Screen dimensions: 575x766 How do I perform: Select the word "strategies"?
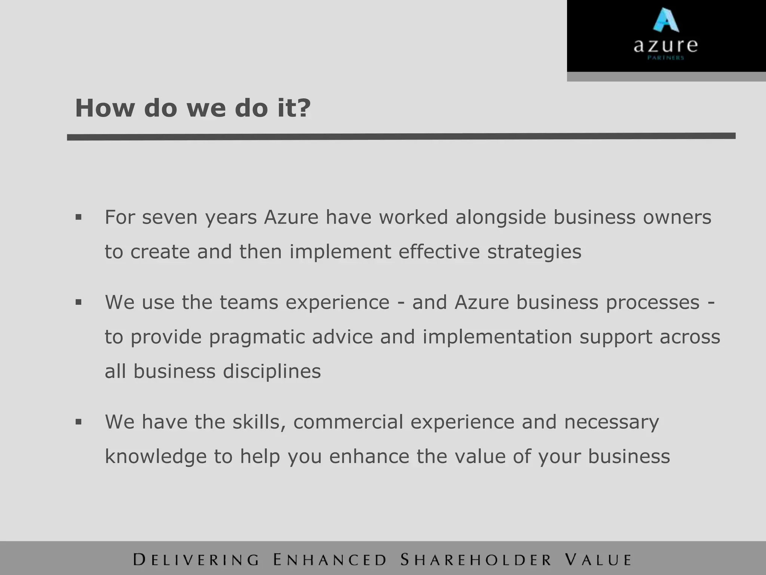point(534,252)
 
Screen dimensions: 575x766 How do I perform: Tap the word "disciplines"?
point(272,371)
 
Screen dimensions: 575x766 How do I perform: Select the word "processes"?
point(653,303)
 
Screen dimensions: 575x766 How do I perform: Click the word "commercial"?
point(348,422)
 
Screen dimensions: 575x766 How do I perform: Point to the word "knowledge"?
point(156,457)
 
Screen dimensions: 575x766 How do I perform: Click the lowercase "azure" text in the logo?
point(665,46)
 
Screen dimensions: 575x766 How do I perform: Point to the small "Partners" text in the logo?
point(665,58)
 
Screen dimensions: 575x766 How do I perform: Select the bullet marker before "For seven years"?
point(78,217)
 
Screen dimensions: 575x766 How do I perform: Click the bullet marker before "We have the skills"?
point(78,422)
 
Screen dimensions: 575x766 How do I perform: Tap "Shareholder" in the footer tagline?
point(476,560)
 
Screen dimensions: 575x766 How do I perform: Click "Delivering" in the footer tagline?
point(196,560)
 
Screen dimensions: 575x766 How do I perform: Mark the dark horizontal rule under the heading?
point(401,137)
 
